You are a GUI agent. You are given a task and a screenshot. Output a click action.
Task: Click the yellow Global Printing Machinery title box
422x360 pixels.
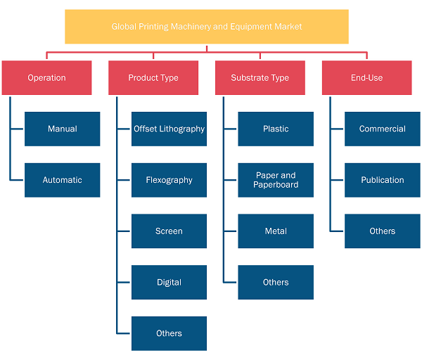click(x=207, y=27)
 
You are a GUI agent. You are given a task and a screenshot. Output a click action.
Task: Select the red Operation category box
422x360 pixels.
click(x=47, y=78)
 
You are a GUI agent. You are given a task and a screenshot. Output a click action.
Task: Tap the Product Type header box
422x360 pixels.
click(x=153, y=78)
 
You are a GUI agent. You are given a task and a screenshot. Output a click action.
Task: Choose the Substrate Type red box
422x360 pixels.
click(x=260, y=78)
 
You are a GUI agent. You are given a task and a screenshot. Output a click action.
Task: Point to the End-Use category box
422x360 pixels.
click(x=367, y=78)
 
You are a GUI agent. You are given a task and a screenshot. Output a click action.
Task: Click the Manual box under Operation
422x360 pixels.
click(x=63, y=129)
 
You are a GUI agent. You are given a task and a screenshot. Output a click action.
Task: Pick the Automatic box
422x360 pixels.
click(x=63, y=180)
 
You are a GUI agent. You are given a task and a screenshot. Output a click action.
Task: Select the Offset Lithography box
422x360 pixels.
click(x=169, y=129)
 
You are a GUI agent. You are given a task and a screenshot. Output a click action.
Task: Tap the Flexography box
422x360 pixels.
click(x=169, y=180)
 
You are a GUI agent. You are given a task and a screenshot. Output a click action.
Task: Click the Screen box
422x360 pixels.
click(x=169, y=231)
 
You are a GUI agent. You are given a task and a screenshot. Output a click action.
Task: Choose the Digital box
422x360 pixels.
click(x=169, y=282)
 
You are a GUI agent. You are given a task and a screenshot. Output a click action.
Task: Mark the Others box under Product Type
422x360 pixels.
click(x=169, y=333)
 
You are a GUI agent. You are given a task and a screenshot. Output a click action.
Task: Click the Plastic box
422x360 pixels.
click(x=276, y=129)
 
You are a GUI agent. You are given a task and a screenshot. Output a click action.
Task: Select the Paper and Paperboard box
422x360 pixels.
click(x=276, y=180)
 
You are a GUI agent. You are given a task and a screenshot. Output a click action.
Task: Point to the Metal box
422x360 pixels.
click(x=276, y=231)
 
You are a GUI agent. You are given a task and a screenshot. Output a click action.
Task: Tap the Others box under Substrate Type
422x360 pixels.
click(x=276, y=282)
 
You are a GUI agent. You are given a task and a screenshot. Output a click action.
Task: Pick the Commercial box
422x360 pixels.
click(x=383, y=129)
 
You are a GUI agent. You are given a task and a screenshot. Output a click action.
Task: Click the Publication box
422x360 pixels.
click(x=383, y=180)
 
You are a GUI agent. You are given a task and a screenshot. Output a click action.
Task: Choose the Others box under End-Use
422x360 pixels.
click(x=383, y=231)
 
